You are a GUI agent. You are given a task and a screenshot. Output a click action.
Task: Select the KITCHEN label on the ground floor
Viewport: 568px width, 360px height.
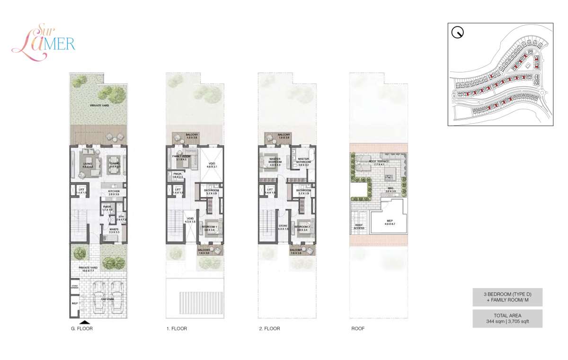113,192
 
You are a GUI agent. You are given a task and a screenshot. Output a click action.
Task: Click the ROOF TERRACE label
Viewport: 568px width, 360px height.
379,162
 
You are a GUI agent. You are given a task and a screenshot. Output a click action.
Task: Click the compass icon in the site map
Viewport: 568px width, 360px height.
458,33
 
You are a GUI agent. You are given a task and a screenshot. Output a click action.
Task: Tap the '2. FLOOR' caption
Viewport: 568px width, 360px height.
270,329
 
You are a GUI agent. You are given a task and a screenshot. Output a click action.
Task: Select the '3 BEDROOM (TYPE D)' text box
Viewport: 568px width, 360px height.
507,297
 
